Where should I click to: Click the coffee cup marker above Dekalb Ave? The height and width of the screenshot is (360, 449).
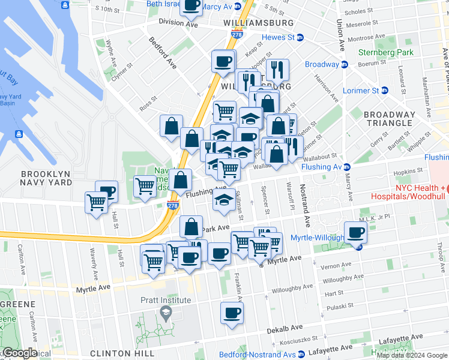coord(232,313)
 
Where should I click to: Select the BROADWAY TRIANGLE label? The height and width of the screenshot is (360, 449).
coord(390,119)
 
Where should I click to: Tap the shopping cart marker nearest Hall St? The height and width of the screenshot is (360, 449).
coord(96,203)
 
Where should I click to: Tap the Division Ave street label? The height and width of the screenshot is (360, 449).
coord(178,22)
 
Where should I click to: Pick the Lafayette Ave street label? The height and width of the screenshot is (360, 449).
coord(331,349)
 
